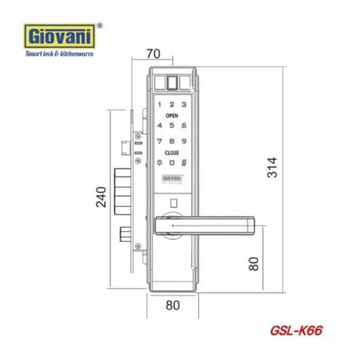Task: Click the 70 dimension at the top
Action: click(x=153, y=54)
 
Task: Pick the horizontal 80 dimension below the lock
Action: click(x=172, y=305)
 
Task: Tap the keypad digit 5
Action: click(x=172, y=125)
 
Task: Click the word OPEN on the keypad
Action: click(x=172, y=115)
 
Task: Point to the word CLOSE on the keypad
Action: click(x=172, y=153)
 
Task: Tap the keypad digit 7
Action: click(x=159, y=142)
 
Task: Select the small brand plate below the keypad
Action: click(x=172, y=177)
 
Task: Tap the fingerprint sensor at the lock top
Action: click(x=172, y=82)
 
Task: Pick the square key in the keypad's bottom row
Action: click(x=172, y=163)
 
